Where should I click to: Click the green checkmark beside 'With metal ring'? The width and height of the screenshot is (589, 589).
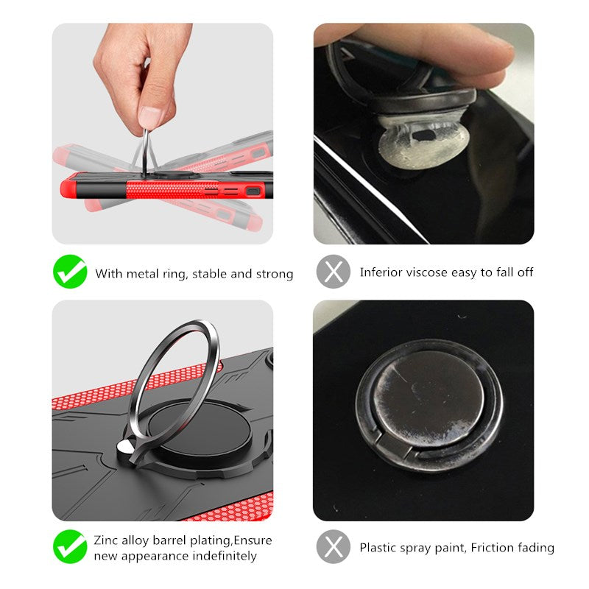pos(70,272)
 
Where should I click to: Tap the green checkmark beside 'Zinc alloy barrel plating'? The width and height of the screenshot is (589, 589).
pos(70,546)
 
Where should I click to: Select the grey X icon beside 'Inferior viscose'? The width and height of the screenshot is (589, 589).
pos(334,272)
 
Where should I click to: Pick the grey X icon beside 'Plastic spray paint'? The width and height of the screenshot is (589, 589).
pos(334,546)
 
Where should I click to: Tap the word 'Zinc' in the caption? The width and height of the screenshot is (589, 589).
pos(105,540)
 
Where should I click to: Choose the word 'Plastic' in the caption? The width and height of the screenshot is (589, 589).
pos(378,548)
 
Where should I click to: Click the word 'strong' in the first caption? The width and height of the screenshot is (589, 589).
pos(275,274)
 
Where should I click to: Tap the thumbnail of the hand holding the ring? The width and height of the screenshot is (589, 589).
pos(163,134)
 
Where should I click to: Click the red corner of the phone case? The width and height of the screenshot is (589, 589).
pos(68,186)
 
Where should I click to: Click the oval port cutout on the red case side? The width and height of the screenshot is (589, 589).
pos(253,191)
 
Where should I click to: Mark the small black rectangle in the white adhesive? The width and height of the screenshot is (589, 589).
pos(424,135)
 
